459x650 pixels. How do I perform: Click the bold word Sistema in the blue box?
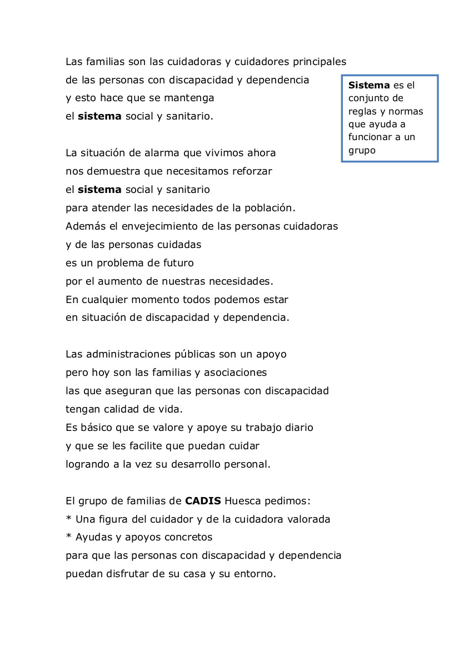[369, 86]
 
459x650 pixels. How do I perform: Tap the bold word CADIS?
[203, 501]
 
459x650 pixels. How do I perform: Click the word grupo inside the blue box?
[362, 150]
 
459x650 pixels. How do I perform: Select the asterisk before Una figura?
[68, 519]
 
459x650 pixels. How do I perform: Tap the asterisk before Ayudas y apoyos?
[68, 538]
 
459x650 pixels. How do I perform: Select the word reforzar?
[253, 171]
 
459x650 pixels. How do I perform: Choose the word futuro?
[178, 263]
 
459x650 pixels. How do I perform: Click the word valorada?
[310, 519]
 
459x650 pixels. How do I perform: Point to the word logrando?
[87, 464]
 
